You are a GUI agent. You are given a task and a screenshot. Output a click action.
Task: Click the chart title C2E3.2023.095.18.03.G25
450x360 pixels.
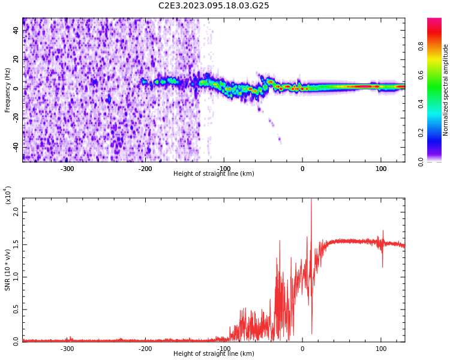coord(214,6)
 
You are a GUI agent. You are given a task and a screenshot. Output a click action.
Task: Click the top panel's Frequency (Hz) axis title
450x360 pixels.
coord(8,90)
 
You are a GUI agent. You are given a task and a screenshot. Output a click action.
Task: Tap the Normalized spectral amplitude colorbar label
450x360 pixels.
coord(446,90)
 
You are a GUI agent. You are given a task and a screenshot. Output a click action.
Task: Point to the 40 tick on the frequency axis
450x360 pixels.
coord(16,30)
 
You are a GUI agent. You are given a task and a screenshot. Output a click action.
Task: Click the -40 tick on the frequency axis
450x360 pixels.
coord(14,146)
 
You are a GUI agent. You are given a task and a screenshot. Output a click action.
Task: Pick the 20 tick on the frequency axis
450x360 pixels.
coord(16,59)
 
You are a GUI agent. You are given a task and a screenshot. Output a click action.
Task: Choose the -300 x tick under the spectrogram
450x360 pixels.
coord(67,169)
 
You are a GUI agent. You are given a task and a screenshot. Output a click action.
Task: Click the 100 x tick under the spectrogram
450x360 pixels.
coord(381,169)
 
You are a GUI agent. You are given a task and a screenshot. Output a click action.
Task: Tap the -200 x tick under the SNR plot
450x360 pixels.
coord(145,349)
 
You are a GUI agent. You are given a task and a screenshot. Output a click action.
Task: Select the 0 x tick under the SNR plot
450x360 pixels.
coord(302,349)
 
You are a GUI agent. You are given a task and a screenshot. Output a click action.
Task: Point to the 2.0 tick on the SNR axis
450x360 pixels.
coord(16,212)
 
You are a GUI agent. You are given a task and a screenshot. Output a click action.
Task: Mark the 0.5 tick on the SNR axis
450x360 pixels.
coord(16,309)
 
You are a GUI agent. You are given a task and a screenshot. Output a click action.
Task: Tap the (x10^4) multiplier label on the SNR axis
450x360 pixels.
coord(8,196)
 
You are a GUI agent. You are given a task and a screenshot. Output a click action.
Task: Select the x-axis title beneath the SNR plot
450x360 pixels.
coord(214,354)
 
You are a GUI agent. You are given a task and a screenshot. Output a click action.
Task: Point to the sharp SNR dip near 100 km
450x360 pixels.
coord(382,266)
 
